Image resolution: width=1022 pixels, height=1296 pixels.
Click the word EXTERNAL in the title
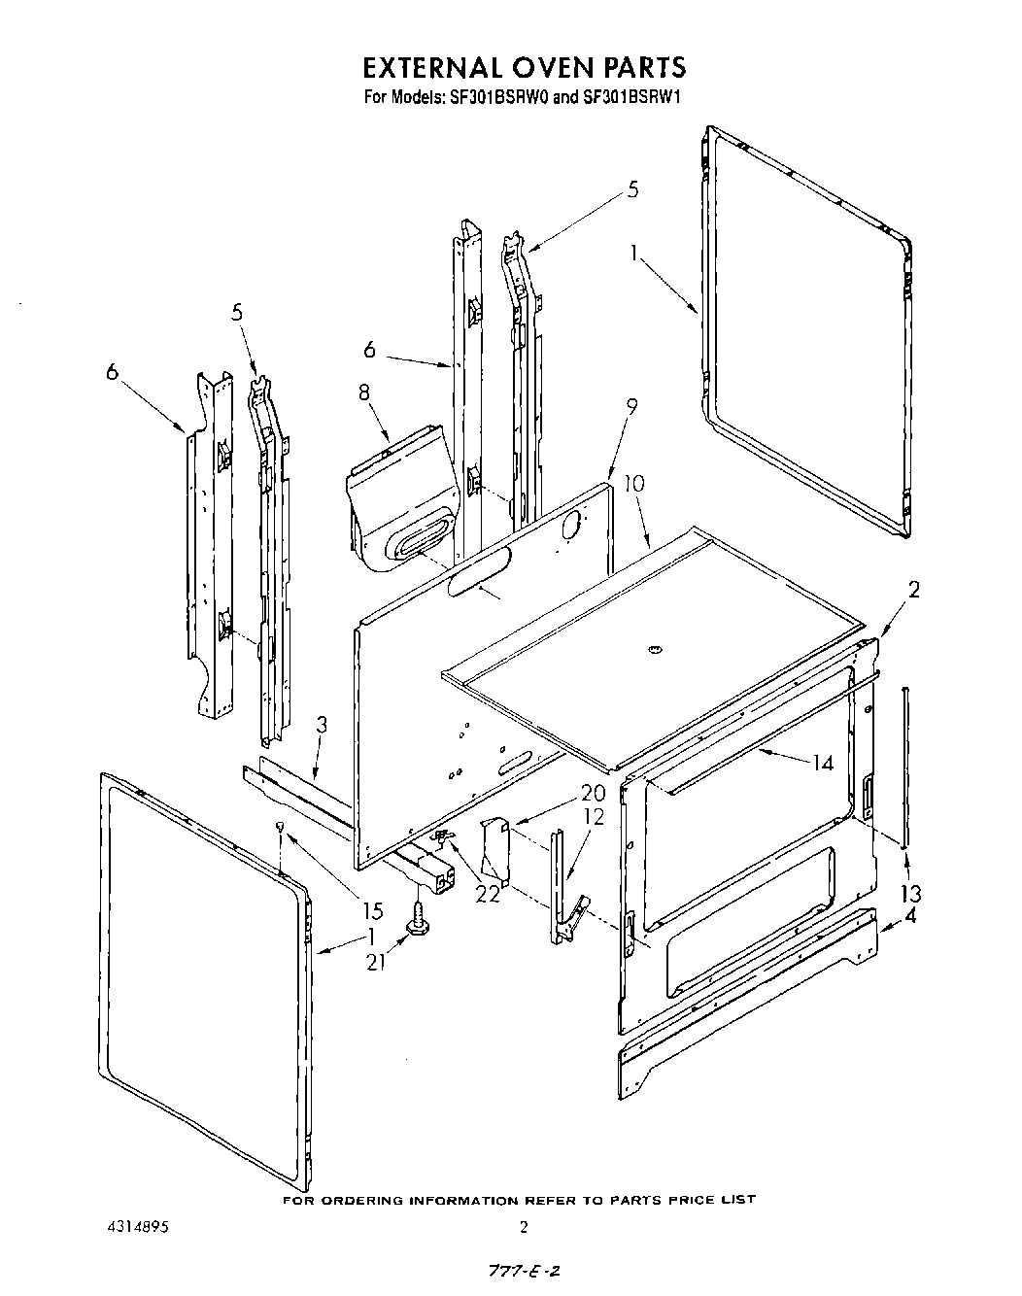(432, 67)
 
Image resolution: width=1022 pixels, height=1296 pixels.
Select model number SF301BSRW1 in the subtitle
(634, 97)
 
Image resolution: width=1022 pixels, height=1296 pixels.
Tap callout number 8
(363, 392)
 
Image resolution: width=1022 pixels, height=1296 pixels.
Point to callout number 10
(633, 483)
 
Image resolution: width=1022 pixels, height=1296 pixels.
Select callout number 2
(913, 589)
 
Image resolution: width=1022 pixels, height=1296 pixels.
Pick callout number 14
(823, 763)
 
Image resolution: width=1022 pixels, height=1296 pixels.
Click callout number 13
(911, 893)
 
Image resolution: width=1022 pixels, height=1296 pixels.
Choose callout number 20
(593, 793)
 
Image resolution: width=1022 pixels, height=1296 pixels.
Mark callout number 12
(593, 817)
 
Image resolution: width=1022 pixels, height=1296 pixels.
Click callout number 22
(487, 894)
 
